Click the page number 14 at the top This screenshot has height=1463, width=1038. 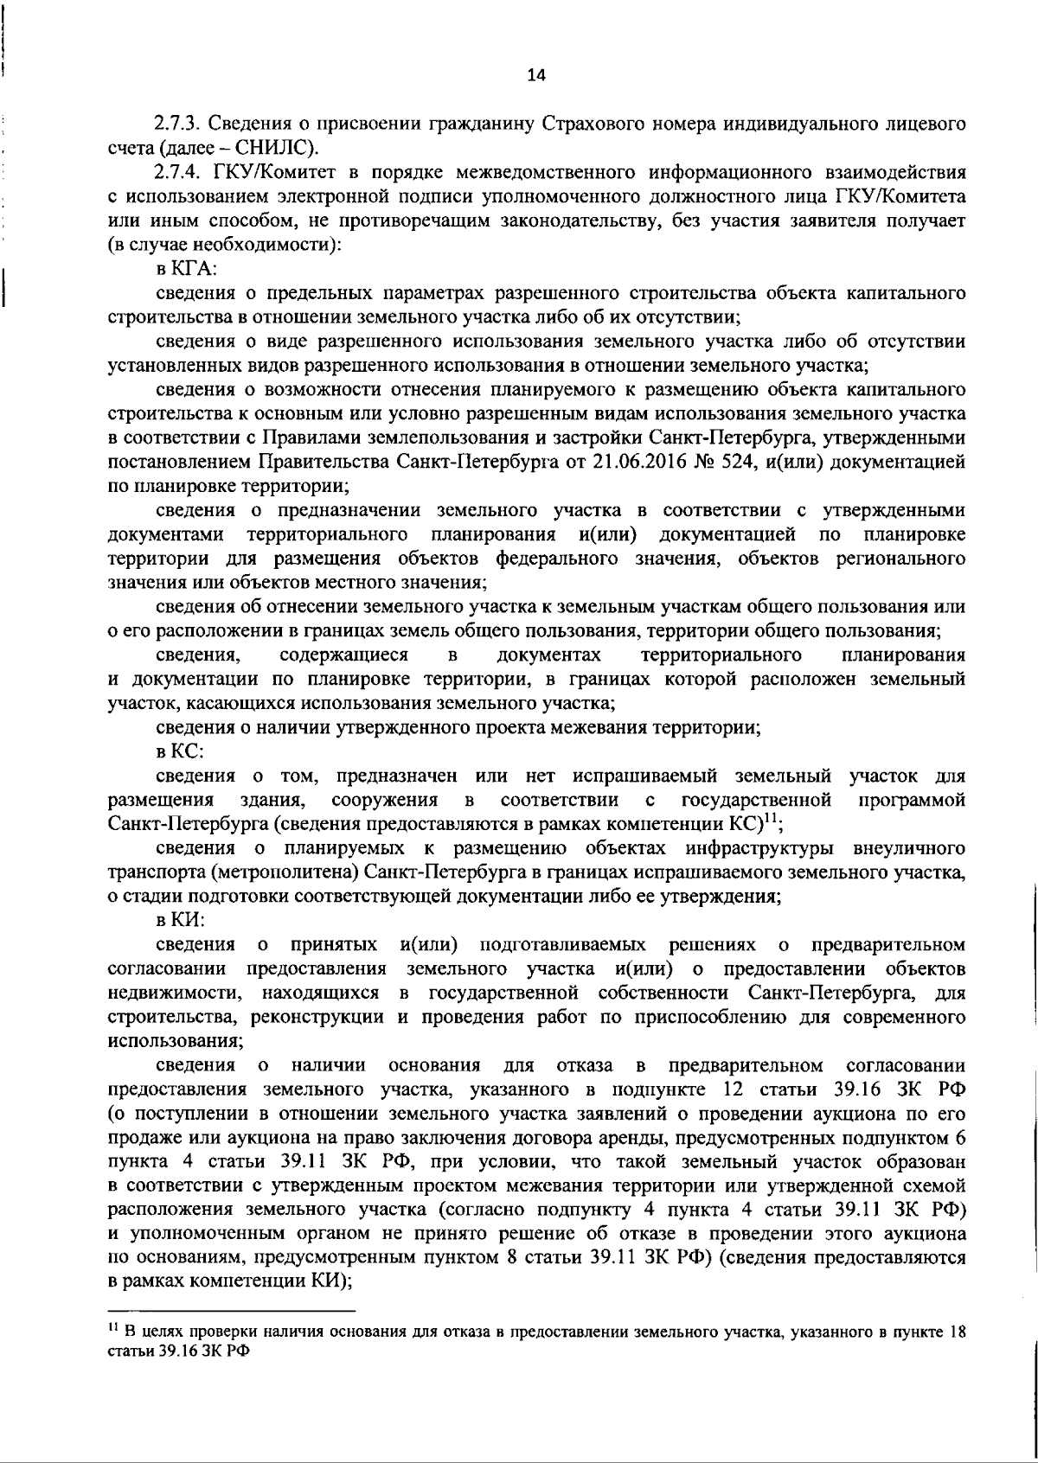pyautogui.click(x=536, y=75)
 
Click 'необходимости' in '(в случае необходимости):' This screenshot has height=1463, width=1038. pyautogui.click(x=265, y=245)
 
